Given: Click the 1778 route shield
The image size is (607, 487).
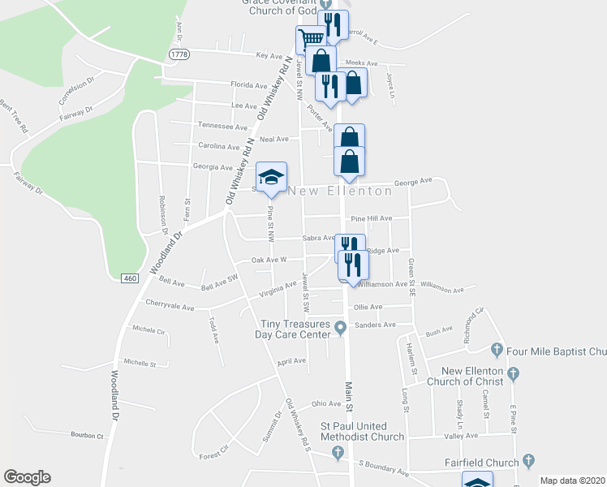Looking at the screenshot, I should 179,54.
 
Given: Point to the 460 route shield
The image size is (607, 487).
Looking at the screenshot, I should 132,278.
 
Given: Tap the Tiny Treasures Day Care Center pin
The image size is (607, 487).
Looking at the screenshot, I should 342,328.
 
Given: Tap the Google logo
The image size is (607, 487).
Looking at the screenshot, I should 27,477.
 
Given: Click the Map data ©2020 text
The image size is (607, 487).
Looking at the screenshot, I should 573,481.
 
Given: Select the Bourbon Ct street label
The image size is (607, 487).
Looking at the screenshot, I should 88,436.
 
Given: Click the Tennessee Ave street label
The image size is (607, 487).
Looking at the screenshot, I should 223,127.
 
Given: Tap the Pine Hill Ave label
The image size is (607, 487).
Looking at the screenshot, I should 372,218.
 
